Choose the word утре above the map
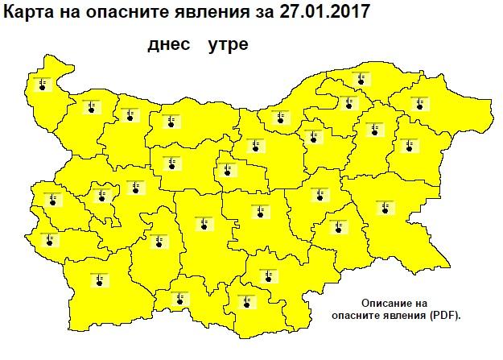pos(227,45)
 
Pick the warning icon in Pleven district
pos(170,122)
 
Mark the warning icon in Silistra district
pos(360,79)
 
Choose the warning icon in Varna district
pos(410,146)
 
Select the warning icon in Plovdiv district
pos(201,223)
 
